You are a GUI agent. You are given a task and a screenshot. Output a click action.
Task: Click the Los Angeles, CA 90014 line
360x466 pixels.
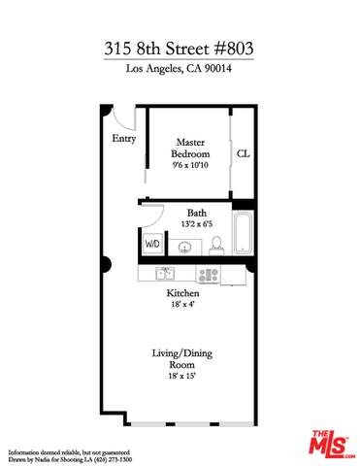180,71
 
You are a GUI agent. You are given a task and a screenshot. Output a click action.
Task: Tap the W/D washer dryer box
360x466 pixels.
153,245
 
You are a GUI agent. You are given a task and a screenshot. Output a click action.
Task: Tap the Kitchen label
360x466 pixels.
183,293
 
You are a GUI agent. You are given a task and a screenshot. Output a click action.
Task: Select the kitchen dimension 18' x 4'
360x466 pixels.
183,304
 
